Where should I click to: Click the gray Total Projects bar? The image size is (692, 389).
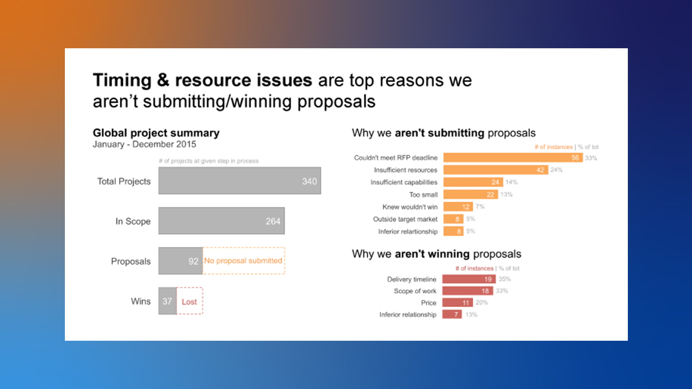[240, 180]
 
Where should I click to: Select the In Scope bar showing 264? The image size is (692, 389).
[222, 221]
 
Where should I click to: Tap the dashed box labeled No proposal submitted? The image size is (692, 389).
[244, 261]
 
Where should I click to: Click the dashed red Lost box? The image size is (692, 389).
[190, 301]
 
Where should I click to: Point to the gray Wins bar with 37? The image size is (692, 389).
[168, 301]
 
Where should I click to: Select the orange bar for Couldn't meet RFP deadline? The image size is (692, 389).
[513, 158]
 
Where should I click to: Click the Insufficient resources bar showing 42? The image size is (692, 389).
[496, 170]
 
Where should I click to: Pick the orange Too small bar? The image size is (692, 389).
[471, 194]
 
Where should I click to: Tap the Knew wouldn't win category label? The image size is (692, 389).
[410, 207]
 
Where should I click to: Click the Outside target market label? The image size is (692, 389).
[405, 219]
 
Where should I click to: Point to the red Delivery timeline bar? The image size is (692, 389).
[469, 279]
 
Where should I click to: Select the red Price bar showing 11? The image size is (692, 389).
[457, 303]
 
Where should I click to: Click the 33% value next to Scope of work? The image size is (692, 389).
[502, 291]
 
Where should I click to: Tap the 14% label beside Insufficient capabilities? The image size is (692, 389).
[511, 182]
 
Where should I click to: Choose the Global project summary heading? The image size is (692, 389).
[156, 133]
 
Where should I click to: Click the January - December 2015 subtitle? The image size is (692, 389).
[145, 144]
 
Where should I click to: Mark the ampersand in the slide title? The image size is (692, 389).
[163, 80]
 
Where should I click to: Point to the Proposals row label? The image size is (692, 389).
[131, 261]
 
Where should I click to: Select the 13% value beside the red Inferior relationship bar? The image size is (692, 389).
[471, 314]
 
